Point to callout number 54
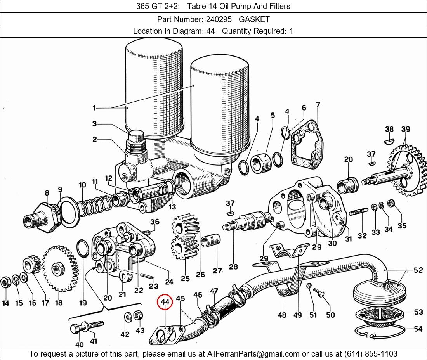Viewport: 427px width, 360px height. [x=418, y=329]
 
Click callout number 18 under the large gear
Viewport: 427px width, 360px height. [x=59, y=303]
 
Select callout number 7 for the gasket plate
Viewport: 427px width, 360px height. [x=318, y=105]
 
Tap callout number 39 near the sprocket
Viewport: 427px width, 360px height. [x=406, y=129]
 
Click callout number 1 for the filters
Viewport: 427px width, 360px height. [x=94, y=107]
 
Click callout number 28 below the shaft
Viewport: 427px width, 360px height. [x=233, y=267]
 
